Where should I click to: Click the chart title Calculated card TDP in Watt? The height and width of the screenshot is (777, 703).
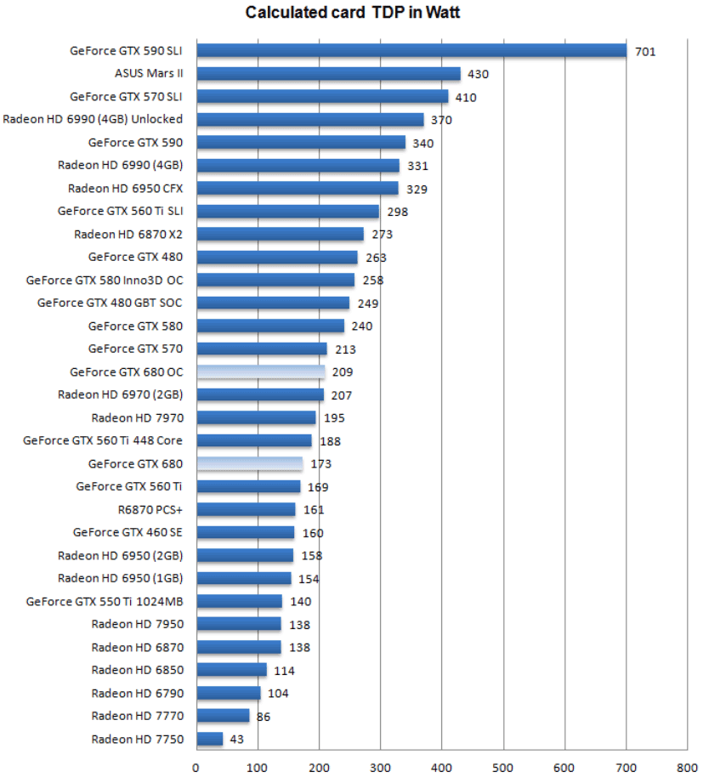[353, 12]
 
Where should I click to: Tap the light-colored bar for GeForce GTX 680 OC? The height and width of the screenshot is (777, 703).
[260, 371]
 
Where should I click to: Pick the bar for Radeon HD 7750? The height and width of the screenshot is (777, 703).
[209, 739]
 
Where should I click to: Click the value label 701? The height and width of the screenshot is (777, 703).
[645, 52]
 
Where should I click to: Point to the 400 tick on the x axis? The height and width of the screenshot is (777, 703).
[441, 766]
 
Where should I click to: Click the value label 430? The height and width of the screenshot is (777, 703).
[479, 75]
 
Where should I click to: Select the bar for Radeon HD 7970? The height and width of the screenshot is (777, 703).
[256, 417]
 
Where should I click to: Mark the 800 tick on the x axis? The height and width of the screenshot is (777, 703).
[686, 766]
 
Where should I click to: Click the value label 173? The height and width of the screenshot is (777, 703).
[320, 464]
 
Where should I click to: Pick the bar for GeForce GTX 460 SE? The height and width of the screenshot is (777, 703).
[245, 532]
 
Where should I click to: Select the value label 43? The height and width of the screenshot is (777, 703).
[236, 740]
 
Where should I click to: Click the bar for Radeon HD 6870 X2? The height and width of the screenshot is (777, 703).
[280, 234]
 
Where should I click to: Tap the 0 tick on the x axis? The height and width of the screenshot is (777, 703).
[196, 766]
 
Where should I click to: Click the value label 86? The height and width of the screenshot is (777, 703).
[264, 717]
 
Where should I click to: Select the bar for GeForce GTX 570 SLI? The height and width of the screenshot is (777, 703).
[322, 97]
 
